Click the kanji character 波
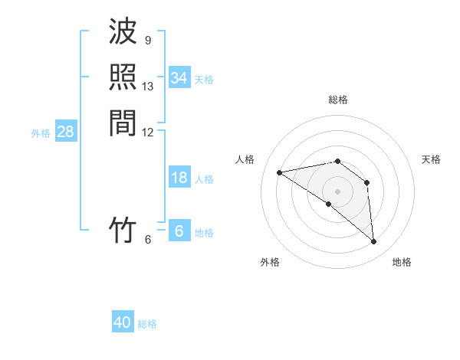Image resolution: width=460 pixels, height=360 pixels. [x=123, y=32]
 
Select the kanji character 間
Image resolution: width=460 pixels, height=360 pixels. [x=123, y=123]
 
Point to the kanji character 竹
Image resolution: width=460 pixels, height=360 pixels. [x=123, y=230]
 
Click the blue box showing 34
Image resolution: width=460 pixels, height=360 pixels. [x=179, y=78]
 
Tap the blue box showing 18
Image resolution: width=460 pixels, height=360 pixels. [x=179, y=178]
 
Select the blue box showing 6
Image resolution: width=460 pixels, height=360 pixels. [x=179, y=231]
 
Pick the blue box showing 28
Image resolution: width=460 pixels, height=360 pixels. [x=65, y=132]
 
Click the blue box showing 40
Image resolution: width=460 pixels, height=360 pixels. [x=123, y=322]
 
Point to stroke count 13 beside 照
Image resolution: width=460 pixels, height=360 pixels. [x=148, y=87]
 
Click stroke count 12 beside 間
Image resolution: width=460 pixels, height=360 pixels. [x=148, y=133]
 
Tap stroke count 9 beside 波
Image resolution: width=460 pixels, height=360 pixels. [x=148, y=40]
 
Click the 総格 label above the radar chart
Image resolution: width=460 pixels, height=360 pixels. [x=338, y=100]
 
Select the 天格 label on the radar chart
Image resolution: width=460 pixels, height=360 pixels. [x=431, y=159]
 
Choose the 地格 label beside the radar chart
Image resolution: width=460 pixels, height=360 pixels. [x=402, y=262]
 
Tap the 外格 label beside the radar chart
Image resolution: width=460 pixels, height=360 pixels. [x=270, y=262]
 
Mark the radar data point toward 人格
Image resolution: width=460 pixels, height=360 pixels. [x=280, y=172]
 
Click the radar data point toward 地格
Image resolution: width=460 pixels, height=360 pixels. [x=374, y=241]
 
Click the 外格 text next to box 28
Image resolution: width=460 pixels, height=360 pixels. [x=41, y=133]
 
